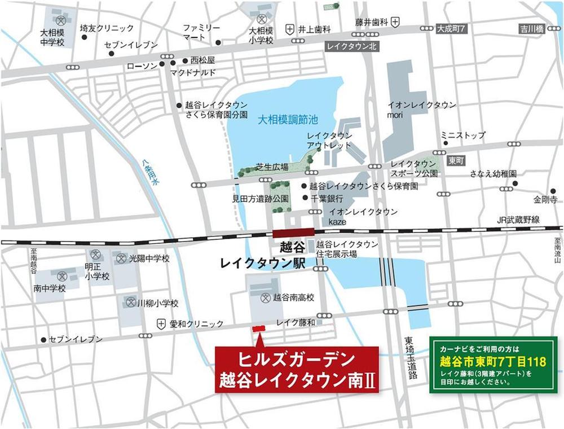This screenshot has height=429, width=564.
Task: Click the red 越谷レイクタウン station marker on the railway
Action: pyautogui.click(x=293, y=233)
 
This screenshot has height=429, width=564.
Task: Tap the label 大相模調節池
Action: pyautogui.click(x=280, y=120)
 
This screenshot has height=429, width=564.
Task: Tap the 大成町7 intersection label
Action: pyautogui.click(x=453, y=28)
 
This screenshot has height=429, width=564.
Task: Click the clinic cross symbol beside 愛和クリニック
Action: pyautogui.click(x=162, y=324)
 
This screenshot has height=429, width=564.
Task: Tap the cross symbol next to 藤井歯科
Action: pyautogui.click(x=396, y=21)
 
